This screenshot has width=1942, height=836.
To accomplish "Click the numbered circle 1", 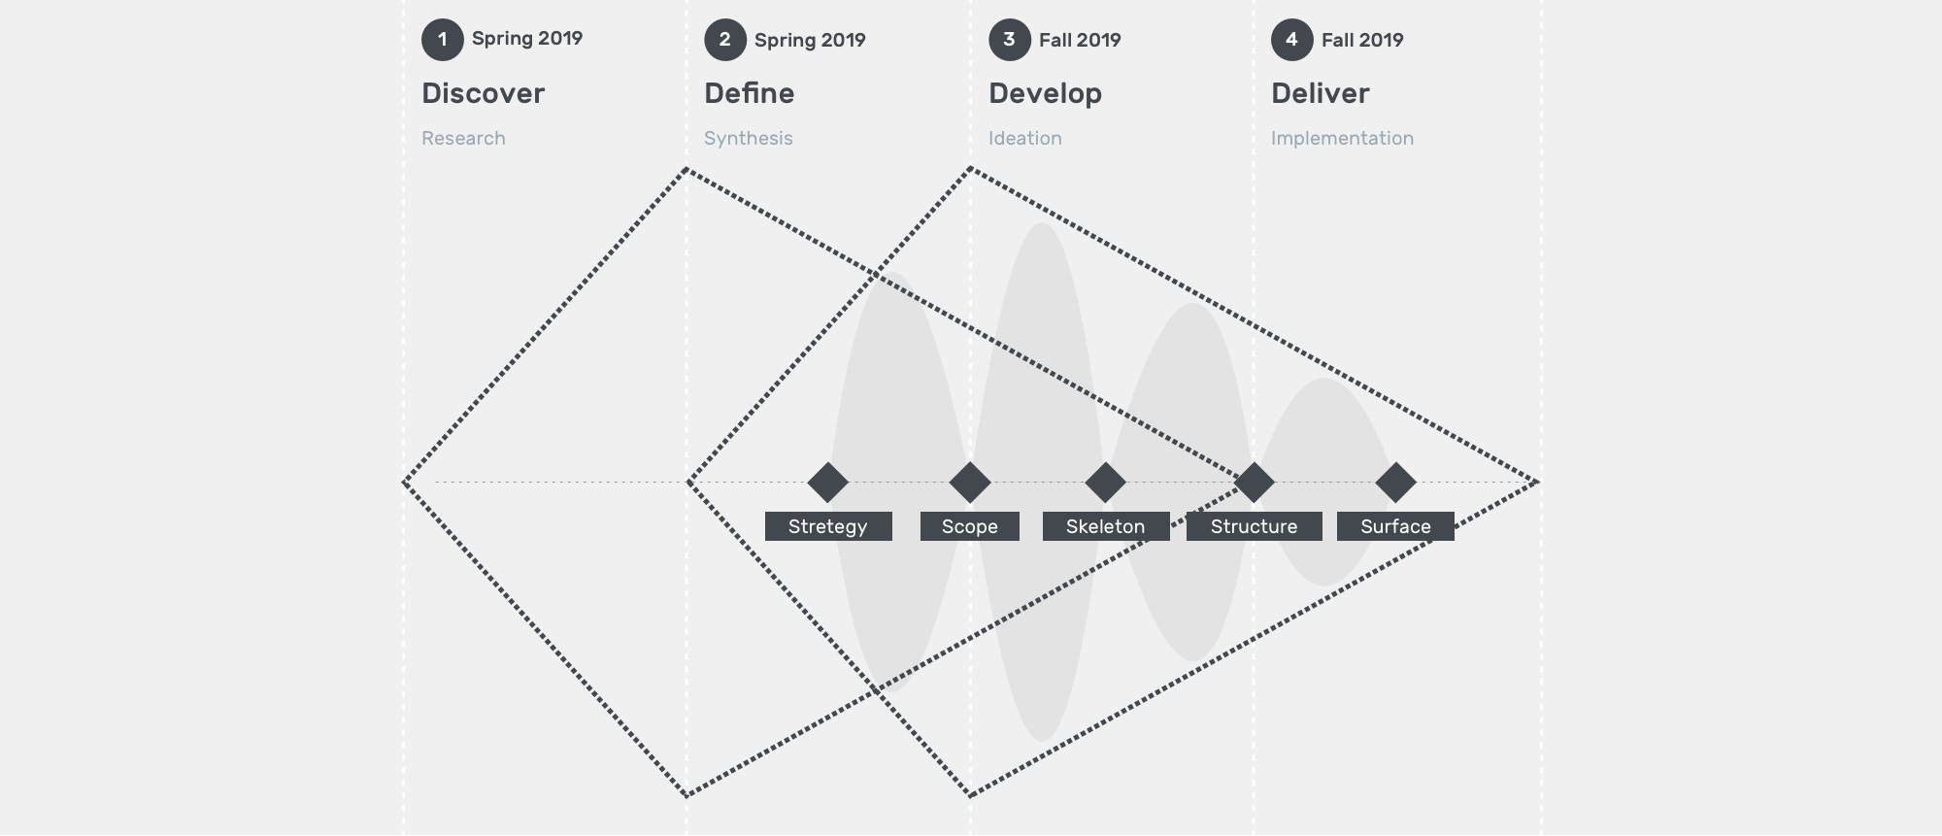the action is (443, 40).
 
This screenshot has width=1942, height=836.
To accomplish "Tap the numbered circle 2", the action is (725, 40).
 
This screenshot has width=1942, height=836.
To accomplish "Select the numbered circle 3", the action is (1010, 40).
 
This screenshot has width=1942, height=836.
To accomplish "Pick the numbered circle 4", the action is (1292, 40).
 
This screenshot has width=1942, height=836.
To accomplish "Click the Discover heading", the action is (483, 93).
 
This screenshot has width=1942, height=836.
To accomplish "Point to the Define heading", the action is (750, 93).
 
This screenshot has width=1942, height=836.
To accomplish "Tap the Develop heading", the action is (1045, 94).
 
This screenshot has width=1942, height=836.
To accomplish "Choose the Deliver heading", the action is (1321, 93).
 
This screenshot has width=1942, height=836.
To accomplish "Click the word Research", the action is (463, 138).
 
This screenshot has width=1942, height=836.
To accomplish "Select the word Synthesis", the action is (749, 138).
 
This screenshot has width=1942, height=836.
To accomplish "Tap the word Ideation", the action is (1025, 138).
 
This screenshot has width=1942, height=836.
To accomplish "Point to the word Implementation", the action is (1342, 138).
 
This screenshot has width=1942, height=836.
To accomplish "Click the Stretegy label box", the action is (828, 526).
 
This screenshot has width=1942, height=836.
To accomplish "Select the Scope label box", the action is (970, 526).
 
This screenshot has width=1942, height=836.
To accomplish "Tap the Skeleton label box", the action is (1106, 526).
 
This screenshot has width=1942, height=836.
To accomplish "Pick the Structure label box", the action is (1255, 526).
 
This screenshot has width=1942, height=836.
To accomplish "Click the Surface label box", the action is (1395, 526).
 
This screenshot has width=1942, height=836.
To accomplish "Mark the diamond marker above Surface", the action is (1396, 483).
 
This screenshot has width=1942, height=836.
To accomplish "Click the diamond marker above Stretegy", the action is (828, 483).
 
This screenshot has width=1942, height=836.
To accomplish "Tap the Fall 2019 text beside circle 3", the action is (1080, 40).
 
